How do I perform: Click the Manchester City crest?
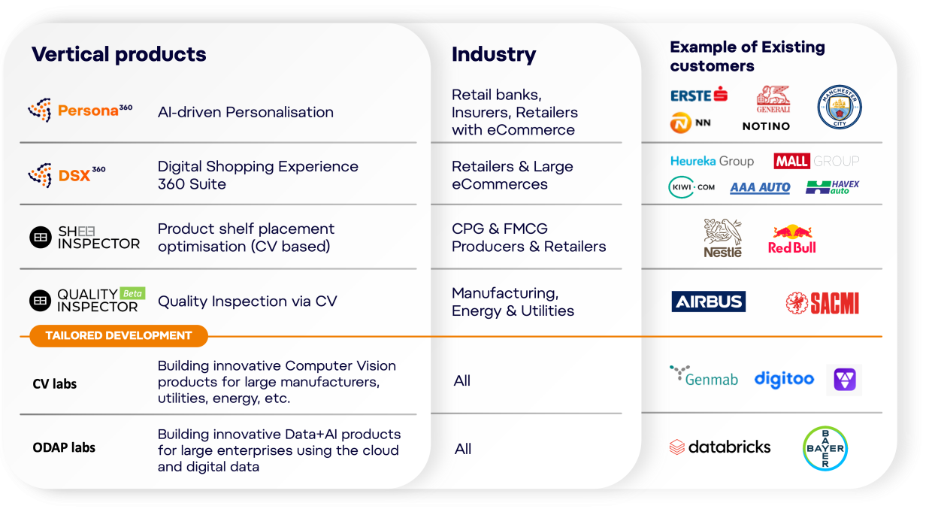point(840,107)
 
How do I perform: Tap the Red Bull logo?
point(791,239)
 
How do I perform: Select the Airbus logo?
point(708,301)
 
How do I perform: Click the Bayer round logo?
point(825,448)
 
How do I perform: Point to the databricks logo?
point(720,447)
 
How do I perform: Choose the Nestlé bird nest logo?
point(723,238)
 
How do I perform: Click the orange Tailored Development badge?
point(119,335)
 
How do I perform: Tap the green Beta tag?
point(132,293)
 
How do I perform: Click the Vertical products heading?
point(119,55)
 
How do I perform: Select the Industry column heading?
point(494,55)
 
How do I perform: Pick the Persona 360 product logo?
point(80,111)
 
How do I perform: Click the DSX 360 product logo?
point(67,175)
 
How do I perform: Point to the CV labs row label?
point(55,383)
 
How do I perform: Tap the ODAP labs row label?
point(64,447)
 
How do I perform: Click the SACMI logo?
point(822,303)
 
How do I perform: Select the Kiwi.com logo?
point(691,187)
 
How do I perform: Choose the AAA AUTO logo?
point(760,188)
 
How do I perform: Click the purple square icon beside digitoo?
point(844,380)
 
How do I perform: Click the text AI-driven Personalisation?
point(246,112)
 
